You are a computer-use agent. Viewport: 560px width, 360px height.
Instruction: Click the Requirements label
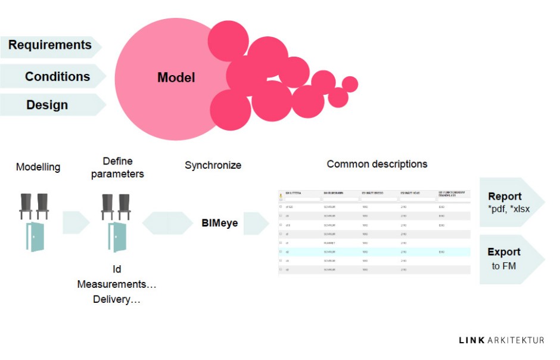pyautogui.click(x=50, y=45)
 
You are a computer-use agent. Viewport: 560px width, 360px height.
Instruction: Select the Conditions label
pyautogui.click(x=57, y=76)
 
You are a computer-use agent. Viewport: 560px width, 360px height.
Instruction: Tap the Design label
pyautogui.click(x=47, y=105)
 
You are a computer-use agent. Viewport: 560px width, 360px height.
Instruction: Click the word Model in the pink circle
pyautogui.click(x=176, y=77)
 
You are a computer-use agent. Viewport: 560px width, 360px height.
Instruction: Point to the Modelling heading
pyautogui.click(x=38, y=167)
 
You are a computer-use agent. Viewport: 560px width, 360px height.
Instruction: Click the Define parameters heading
pyautogui.click(x=117, y=167)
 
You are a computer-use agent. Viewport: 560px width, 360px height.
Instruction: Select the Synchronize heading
pyautogui.click(x=213, y=165)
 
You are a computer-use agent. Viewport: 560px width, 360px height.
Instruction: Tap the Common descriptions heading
pyautogui.click(x=377, y=164)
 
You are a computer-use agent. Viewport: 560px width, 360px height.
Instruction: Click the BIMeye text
pyautogui.click(x=219, y=223)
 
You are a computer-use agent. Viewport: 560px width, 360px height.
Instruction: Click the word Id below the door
pyautogui.click(x=117, y=269)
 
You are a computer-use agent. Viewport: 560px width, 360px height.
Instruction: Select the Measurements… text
pyautogui.click(x=117, y=284)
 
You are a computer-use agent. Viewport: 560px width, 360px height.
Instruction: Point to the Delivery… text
pyautogui.click(x=117, y=299)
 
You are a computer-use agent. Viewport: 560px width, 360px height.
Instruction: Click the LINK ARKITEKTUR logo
pyautogui.click(x=502, y=340)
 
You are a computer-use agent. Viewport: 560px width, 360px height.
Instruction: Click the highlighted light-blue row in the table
pyautogui.click(x=374, y=252)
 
